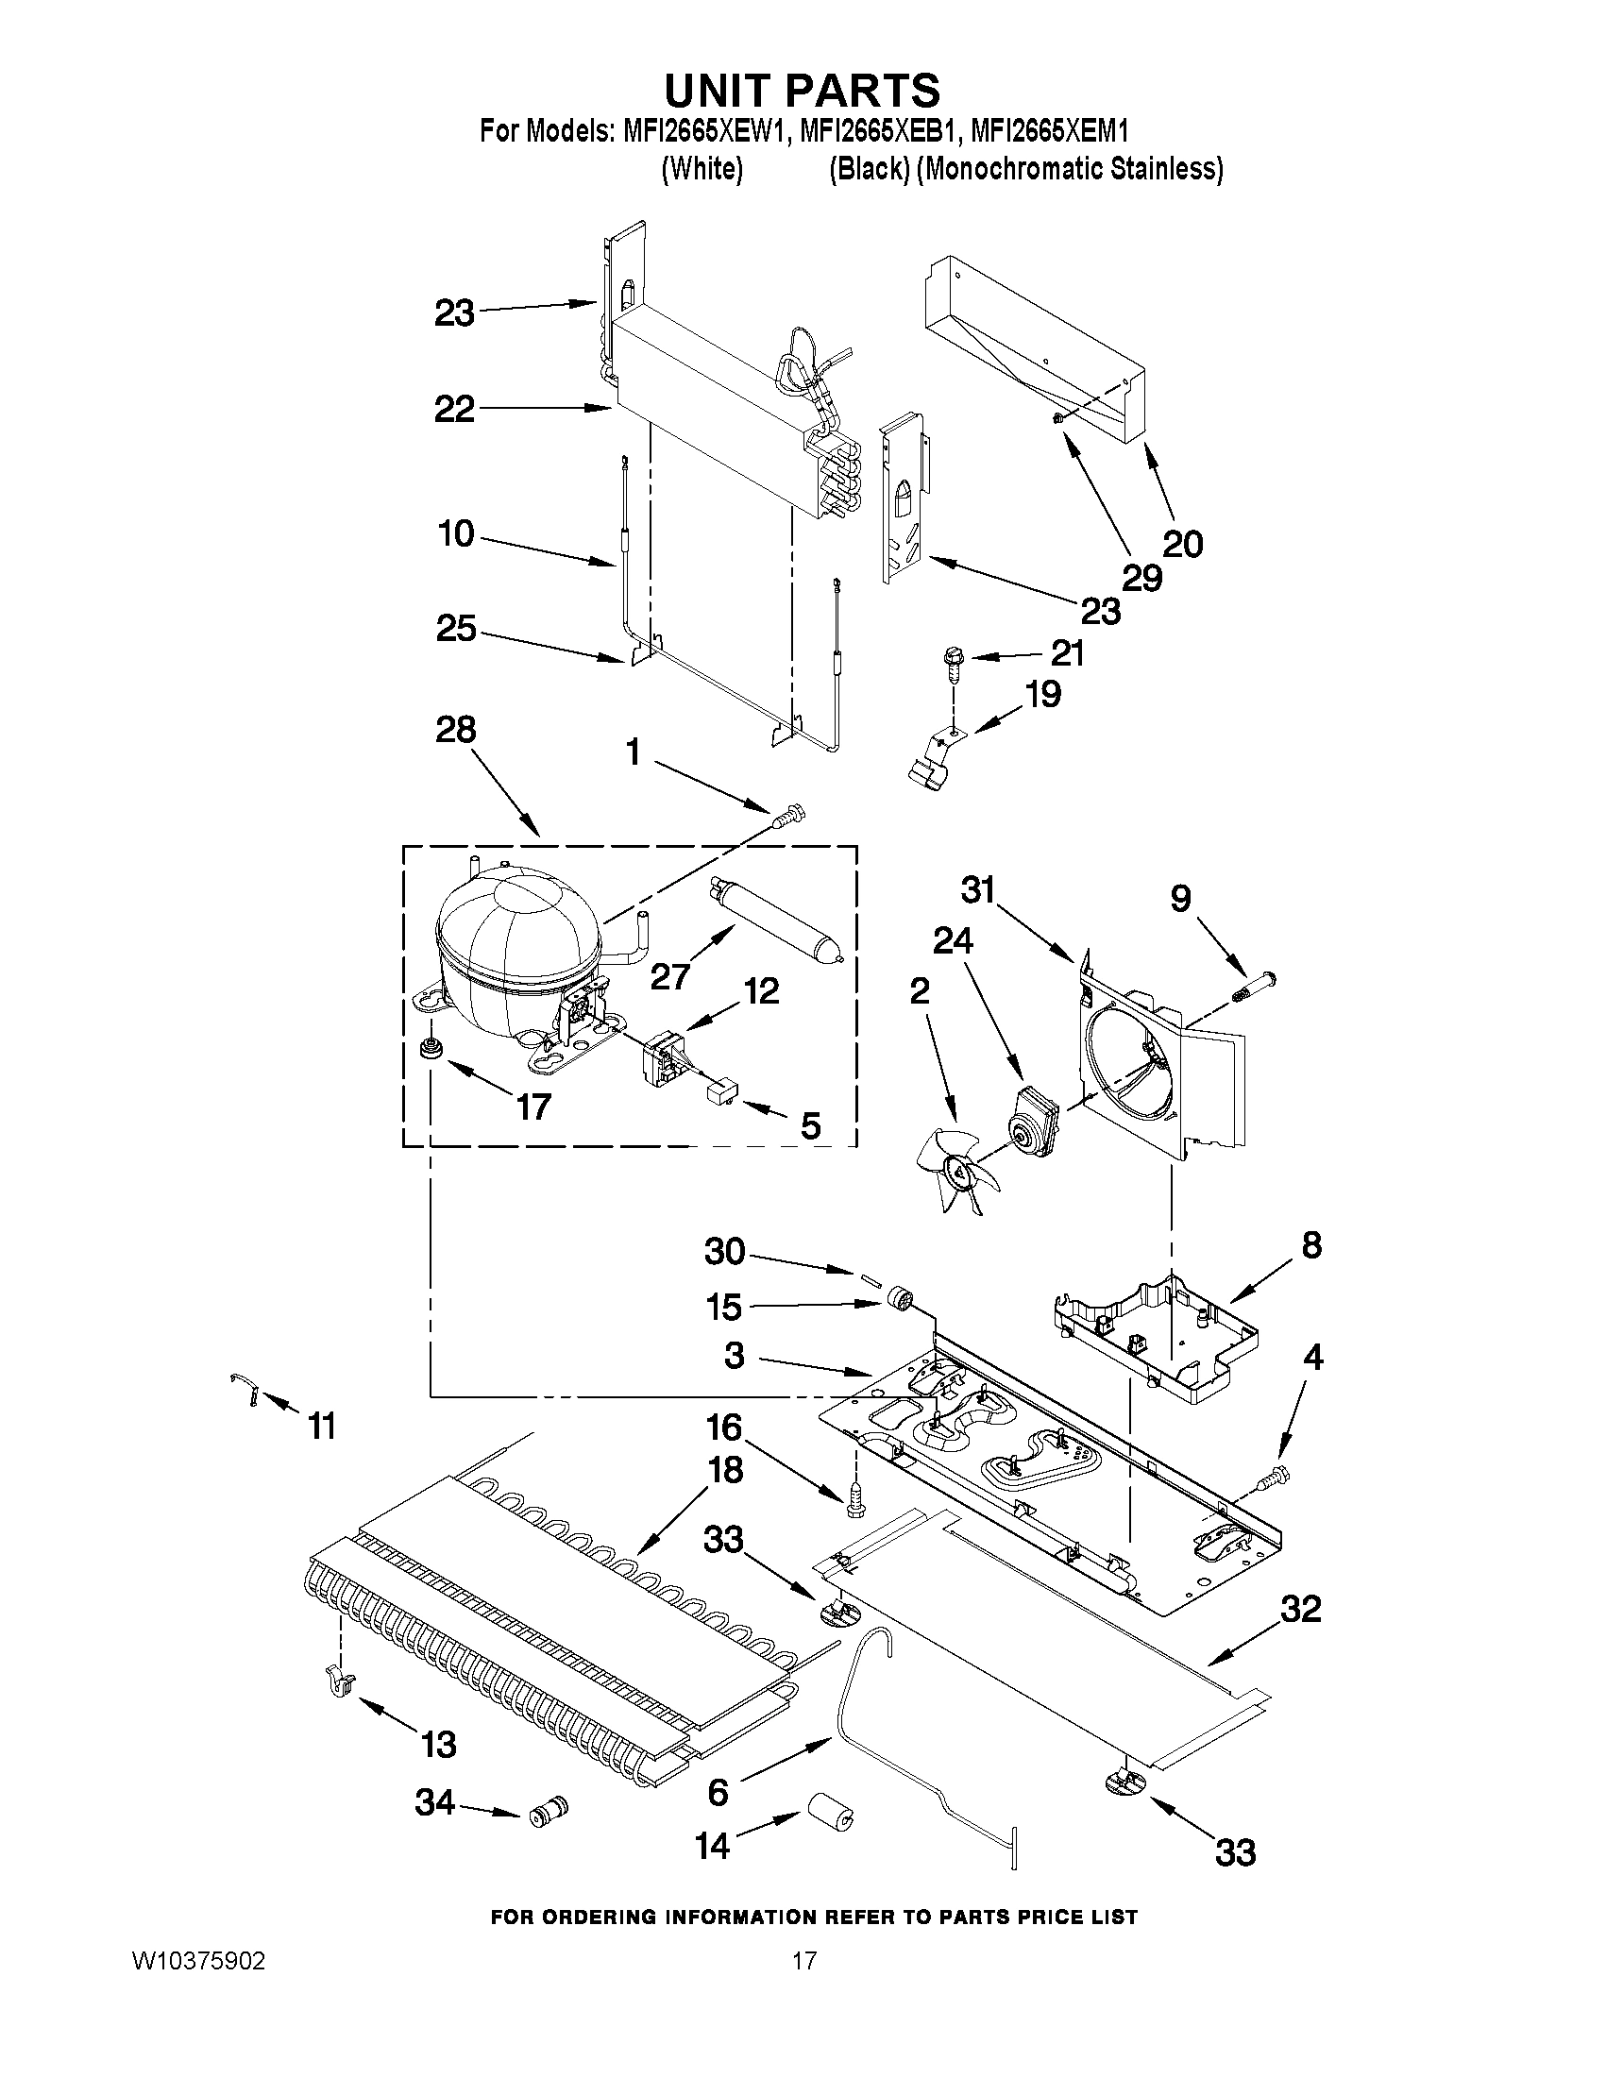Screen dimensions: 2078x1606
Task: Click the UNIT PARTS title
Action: click(802, 91)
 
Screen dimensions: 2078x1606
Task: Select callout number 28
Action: click(455, 730)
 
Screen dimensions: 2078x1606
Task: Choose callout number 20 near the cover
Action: click(1183, 544)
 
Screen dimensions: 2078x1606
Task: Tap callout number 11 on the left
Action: click(322, 1427)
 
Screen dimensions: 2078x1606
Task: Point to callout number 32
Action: click(1301, 1609)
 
